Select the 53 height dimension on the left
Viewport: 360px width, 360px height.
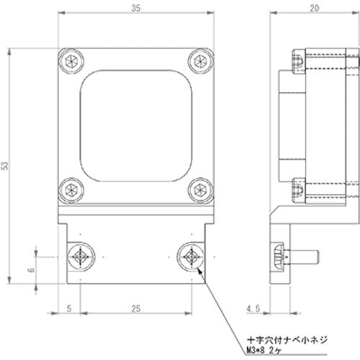click(6, 166)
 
